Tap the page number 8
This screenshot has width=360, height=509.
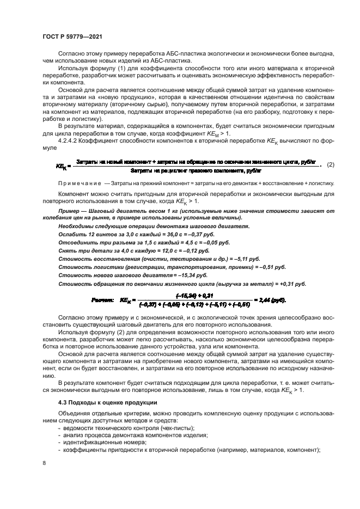[44, 463]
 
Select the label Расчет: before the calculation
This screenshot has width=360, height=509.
[102, 300]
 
